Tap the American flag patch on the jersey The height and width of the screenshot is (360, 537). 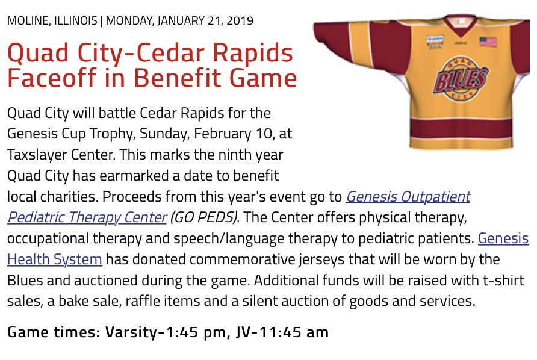488,42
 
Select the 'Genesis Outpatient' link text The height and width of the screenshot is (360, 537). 408,196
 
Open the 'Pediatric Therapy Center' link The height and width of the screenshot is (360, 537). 87,216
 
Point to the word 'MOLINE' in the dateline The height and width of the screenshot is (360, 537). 27,20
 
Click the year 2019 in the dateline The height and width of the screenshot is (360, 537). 240,20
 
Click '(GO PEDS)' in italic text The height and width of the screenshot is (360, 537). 204,216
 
